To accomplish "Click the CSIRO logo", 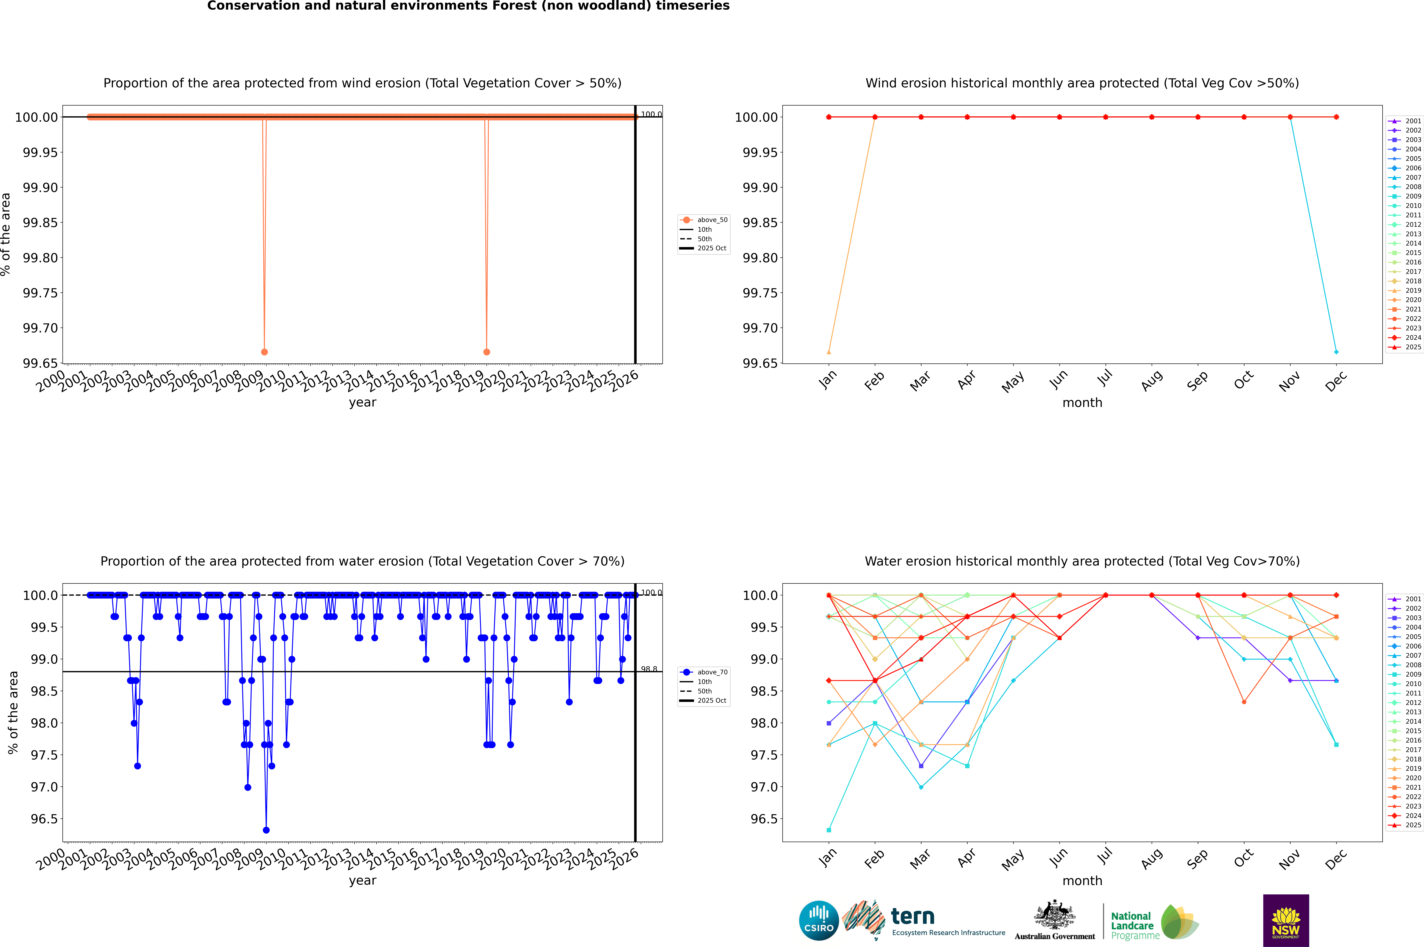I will [x=819, y=920].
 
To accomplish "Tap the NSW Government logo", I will [x=1286, y=920].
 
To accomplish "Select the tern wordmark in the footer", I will [x=913, y=917].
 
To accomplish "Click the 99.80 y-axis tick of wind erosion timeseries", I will [x=40, y=258].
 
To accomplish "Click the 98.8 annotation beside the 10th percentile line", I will [x=649, y=669].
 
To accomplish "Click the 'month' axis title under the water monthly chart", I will [x=1082, y=881].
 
